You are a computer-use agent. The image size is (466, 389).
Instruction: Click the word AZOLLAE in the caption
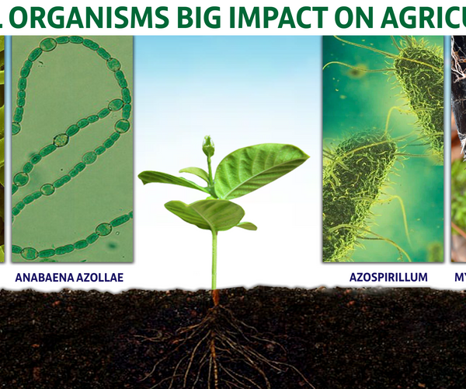coord(99,276)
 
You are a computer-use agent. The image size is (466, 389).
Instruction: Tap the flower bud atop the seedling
coord(207,146)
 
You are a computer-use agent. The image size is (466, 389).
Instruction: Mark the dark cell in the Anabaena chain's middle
coord(61,140)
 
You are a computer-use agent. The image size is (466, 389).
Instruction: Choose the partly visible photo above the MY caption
coord(458,148)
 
